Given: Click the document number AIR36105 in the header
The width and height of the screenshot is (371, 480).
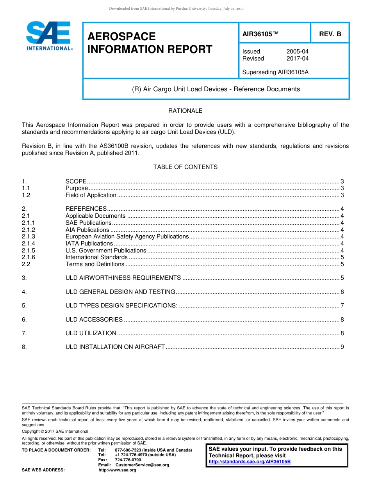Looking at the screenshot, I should pos(260,34).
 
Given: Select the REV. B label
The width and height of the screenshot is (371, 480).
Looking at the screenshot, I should pos(330,34).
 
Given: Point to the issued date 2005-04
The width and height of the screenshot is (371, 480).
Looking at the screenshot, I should pos(297,52).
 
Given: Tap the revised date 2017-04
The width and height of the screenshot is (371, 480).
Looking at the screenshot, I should pos(297,59).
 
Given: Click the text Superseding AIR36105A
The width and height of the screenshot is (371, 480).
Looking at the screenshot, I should pos(275,72).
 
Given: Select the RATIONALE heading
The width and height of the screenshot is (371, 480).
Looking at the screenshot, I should pos(185,111).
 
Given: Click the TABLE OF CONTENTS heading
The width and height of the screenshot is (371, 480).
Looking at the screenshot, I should pos(185,167).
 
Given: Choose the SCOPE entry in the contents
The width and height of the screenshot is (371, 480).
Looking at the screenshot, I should pos(76,181).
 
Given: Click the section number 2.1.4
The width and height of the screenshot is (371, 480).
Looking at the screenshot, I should pos(29,244).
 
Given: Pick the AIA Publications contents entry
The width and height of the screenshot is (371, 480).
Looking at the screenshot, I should pos(87,230).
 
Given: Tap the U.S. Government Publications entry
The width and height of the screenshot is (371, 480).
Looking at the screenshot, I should pos(106,251).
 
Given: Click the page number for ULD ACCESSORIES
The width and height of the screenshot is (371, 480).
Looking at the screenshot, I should pos(342,320).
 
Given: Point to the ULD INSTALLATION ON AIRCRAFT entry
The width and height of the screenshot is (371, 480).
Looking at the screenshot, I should pos(115,347).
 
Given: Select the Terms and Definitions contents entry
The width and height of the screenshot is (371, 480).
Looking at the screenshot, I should pos(95,264).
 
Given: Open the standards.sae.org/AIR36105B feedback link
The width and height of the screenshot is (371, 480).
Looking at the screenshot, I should pos(250,462).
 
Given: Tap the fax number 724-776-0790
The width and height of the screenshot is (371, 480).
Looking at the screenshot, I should pos(128,460).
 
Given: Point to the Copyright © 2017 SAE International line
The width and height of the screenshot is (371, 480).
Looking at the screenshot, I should pos(55,431).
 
